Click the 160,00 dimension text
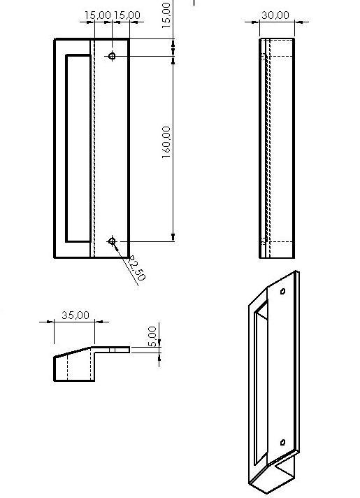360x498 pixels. click(166, 143)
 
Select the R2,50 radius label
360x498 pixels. click(136, 268)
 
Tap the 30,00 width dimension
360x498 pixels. click(275, 15)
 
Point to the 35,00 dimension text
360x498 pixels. click(75, 315)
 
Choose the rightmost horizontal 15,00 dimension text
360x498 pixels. click(127, 15)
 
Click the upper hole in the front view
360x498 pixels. click(112, 55)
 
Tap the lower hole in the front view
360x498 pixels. click(112, 241)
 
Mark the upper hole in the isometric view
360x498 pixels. click(282, 291)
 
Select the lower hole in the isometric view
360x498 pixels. click(282, 441)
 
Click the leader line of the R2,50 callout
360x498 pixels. click(124, 254)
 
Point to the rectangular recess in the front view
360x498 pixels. click(78, 147)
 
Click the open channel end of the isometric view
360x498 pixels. click(283, 476)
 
